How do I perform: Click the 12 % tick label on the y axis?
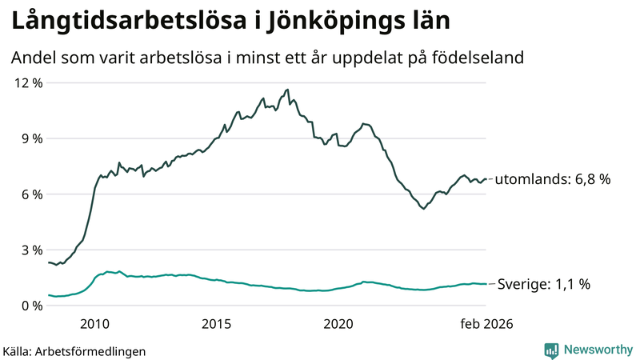(x=27, y=83)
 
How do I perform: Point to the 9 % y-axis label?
(x=30, y=138)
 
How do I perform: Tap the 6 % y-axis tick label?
(x=30, y=194)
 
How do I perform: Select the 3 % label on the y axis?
(x=30, y=250)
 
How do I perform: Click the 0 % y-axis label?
(x=30, y=306)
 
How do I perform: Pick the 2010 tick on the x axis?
(x=94, y=324)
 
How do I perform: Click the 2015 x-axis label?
(x=216, y=324)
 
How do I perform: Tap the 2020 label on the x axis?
(x=338, y=324)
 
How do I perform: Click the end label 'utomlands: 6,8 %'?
(x=553, y=180)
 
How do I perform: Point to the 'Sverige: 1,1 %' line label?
(x=544, y=284)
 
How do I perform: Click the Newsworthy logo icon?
(x=551, y=350)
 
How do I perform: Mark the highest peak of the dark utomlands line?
(x=287, y=90)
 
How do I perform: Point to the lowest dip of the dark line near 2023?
(x=423, y=209)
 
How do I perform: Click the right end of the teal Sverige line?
(x=486, y=284)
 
